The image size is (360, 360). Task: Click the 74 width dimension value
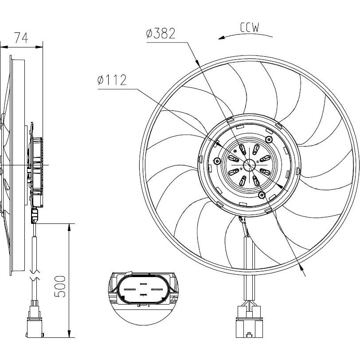21,37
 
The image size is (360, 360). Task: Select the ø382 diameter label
160,33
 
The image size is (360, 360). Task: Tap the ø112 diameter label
112,80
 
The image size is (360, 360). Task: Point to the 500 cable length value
60,286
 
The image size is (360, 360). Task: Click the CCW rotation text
250,27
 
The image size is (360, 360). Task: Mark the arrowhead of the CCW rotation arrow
221,38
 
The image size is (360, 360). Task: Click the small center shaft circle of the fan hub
249,165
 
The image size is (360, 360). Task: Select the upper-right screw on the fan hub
269,139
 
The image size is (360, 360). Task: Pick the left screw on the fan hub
217,161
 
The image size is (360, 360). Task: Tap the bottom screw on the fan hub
262,195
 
